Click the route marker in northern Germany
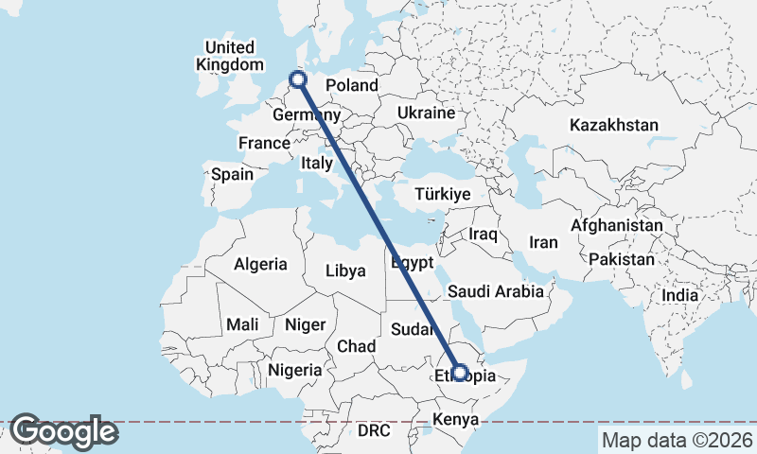coord(299,80)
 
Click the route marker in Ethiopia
coord(459,373)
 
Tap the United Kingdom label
coord(230,56)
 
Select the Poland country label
coord(352,86)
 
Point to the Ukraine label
coord(426,113)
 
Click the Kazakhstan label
coord(614,125)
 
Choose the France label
coord(263,143)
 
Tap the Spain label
coord(232,174)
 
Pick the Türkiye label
coord(443,194)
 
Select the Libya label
coord(345,271)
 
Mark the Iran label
coord(543,242)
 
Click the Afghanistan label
coord(616,226)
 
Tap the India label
coord(679,295)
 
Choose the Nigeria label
coord(295,369)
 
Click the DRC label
coord(374,430)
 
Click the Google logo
coord(63,431)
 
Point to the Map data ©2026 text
coord(676,440)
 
